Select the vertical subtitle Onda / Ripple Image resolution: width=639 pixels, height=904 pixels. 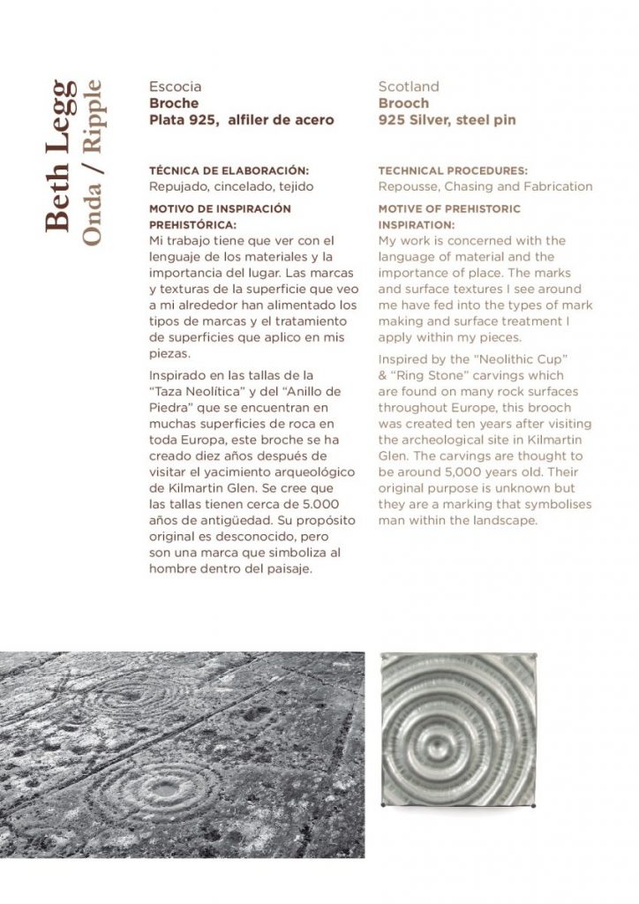pyautogui.click(x=92, y=162)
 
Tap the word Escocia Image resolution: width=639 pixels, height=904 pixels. pyautogui.click(x=176, y=87)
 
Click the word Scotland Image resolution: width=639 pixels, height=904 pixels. pyautogui.click(x=409, y=87)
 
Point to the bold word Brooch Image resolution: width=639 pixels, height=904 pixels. pyautogui.click(x=403, y=103)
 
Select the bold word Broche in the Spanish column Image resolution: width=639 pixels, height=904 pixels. pyautogui.click(x=174, y=103)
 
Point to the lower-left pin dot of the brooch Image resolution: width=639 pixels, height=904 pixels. pyautogui.click(x=381, y=806)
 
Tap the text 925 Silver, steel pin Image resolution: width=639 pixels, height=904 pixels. pyautogui.click(x=447, y=119)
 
